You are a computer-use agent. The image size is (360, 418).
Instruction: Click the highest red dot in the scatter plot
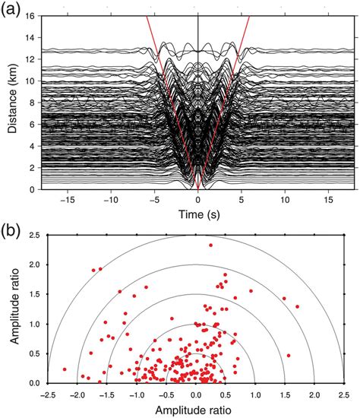210,245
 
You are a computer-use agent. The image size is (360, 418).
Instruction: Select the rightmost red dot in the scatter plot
297,306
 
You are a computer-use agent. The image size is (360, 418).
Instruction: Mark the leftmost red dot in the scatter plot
64,369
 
